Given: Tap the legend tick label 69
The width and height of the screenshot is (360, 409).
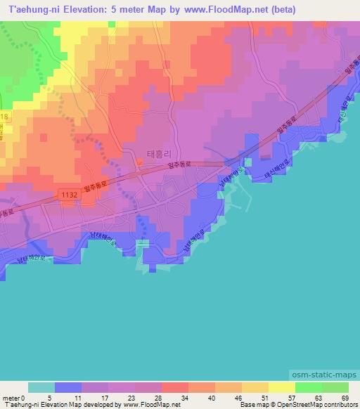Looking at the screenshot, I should (344, 398).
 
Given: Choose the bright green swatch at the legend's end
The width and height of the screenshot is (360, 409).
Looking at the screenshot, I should (335, 387).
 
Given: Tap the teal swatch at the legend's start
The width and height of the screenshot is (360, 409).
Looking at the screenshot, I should (41, 387).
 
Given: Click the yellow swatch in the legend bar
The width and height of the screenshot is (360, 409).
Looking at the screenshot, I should (281, 387).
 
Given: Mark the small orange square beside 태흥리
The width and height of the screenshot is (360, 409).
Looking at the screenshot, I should (139, 163).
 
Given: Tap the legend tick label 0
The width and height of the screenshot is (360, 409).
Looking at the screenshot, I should (29, 398).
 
